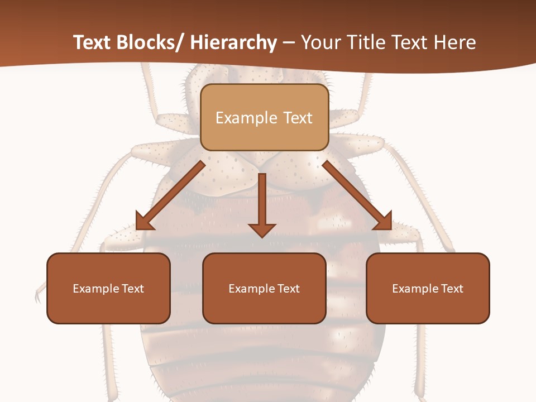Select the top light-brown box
264,117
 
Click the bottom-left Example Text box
108,288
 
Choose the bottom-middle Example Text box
264,288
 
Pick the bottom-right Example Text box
428,288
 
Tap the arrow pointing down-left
170,195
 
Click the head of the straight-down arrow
262,229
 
